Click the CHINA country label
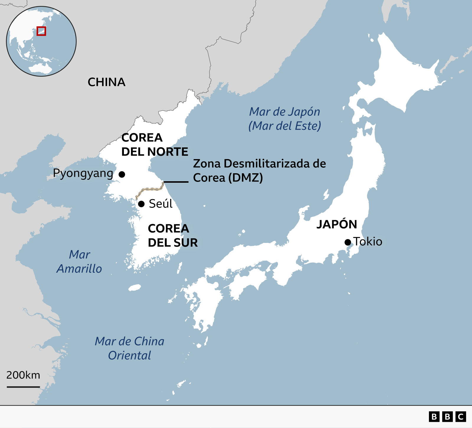[x=106, y=82]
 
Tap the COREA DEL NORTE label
[x=155, y=145]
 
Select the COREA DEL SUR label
[x=173, y=236]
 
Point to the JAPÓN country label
[x=337, y=224]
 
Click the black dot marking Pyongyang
[x=122, y=174]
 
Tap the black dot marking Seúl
[x=141, y=204]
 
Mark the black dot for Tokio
[x=348, y=242]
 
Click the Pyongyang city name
[x=83, y=173]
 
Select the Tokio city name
[x=368, y=242]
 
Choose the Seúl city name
[x=160, y=204]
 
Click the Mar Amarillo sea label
[x=79, y=262]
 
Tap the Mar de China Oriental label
[x=130, y=348]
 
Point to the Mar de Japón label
[x=285, y=119]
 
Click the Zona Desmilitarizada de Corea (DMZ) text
[x=259, y=171]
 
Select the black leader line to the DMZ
[x=176, y=182]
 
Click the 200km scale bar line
[x=23, y=387]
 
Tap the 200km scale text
[x=23, y=375]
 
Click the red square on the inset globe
[x=41, y=31]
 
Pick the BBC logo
[x=447, y=416]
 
